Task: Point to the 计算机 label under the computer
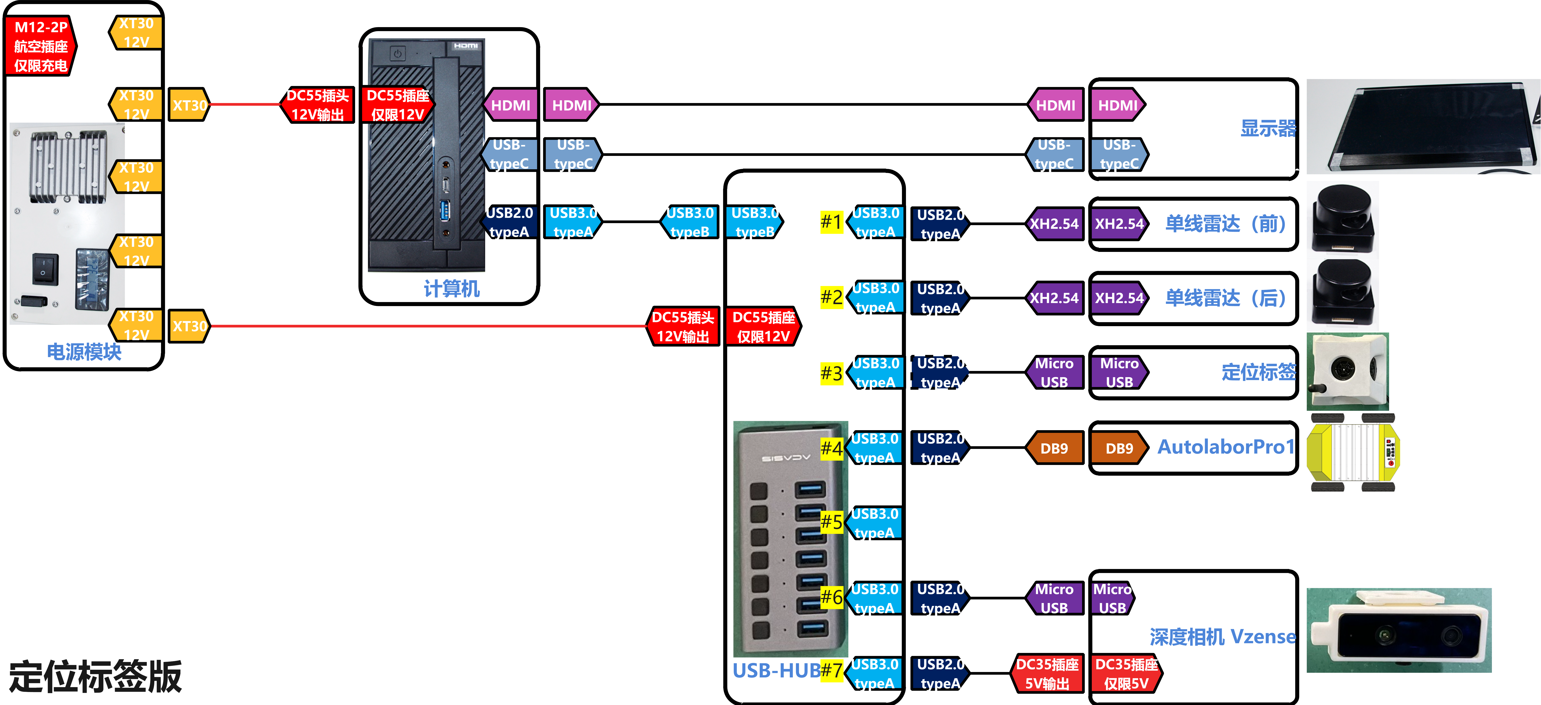(452, 289)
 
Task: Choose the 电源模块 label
(84, 352)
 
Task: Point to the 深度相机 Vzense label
(1222, 637)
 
